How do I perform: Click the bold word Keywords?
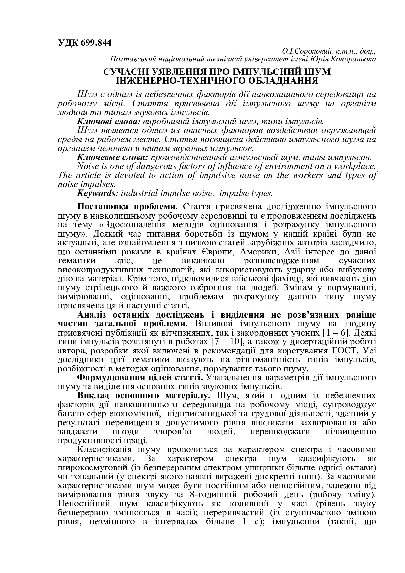(x=98, y=193)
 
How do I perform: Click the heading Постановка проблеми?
(x=128, y=207)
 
